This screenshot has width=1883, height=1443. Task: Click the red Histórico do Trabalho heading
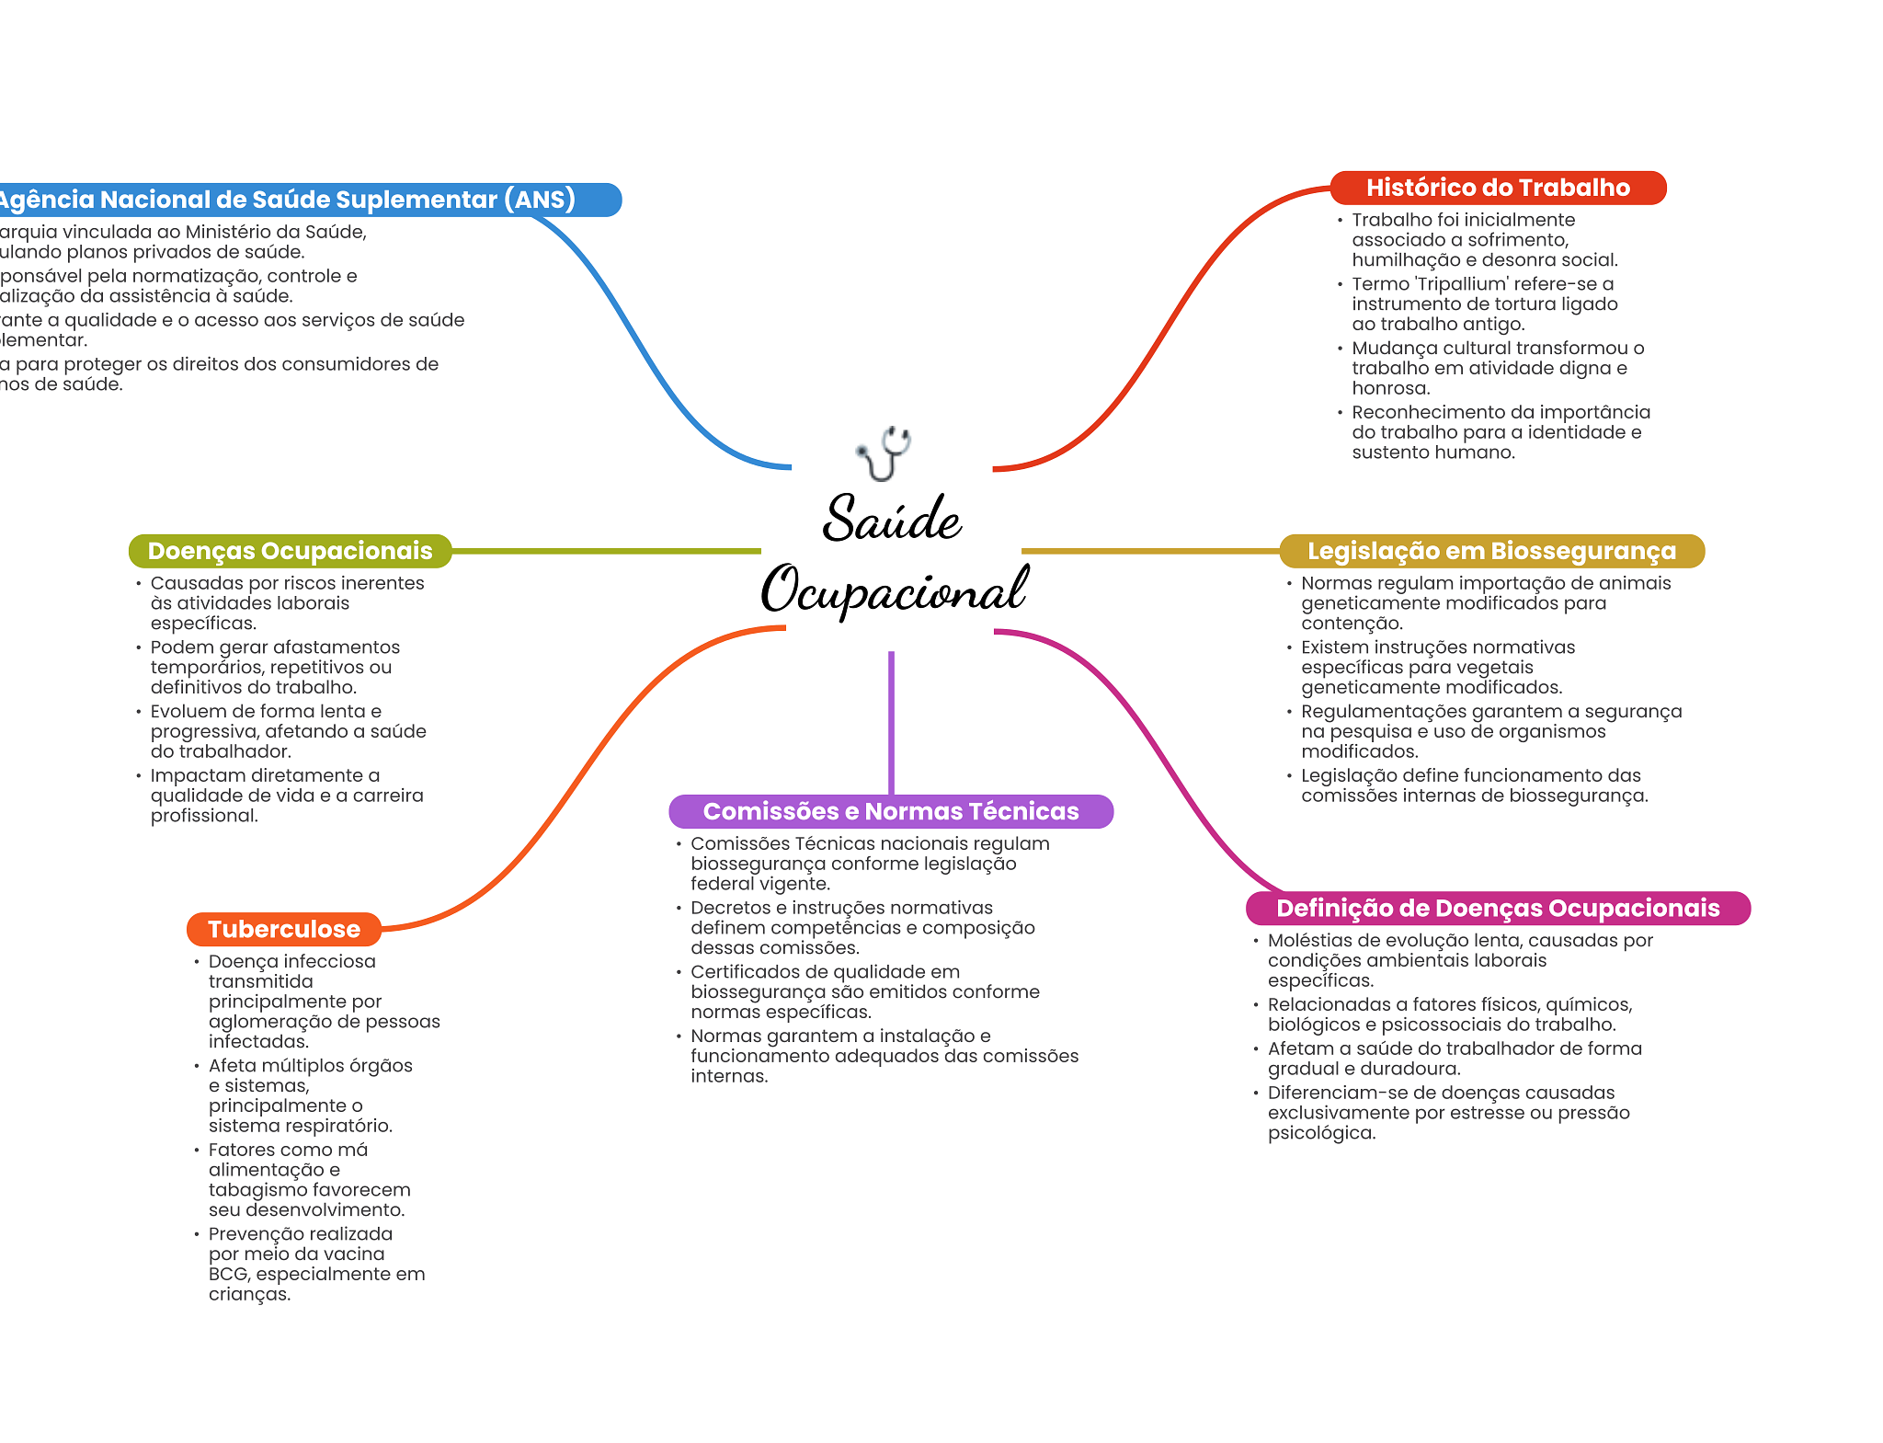[1497, 188]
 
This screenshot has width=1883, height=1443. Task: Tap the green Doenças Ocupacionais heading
[290, 551]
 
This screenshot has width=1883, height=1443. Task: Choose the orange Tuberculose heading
[283, 929]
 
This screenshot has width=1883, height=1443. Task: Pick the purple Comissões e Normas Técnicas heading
[890, 811]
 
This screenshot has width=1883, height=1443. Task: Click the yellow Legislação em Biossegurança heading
[1491, 551]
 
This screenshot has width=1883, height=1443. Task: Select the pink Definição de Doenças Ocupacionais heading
[1497, 908]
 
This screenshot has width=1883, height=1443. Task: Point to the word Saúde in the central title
[892, 519]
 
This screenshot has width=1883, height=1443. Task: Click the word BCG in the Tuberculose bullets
[228, 1275]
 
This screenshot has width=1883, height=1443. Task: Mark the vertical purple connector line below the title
[891, 722]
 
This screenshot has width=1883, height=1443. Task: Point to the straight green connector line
[607, 551]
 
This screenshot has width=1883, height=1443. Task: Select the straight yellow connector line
[1149, 551]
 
